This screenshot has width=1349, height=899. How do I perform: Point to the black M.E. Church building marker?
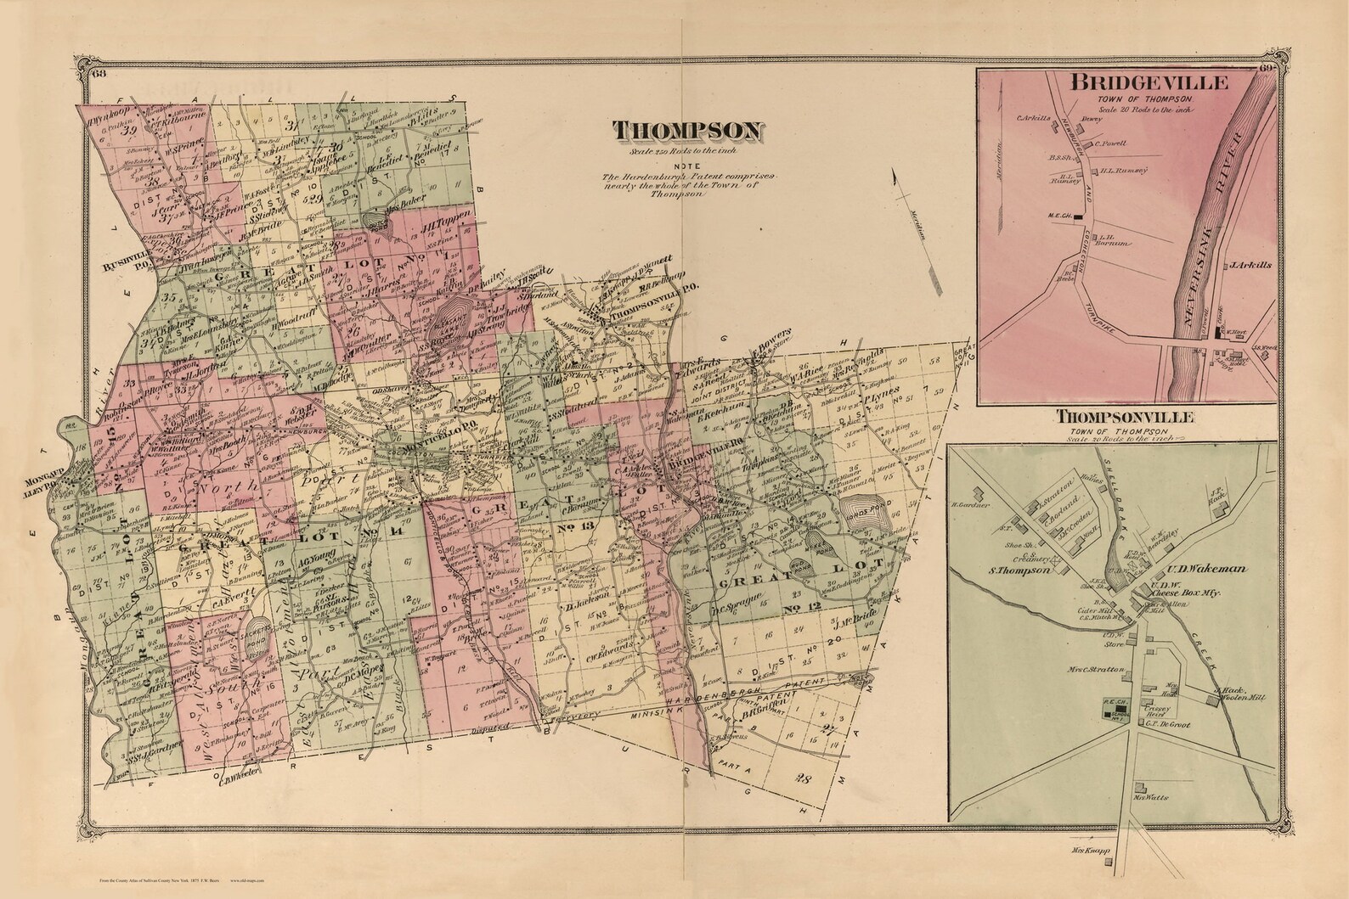pyautogui.click(x=1079, y=216)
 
